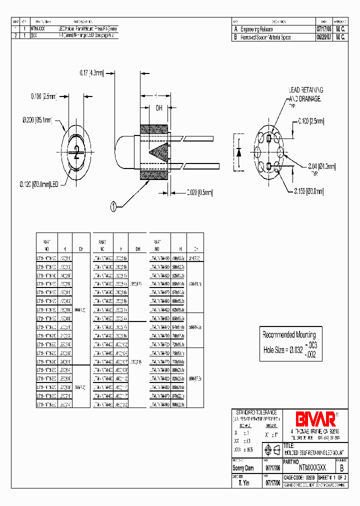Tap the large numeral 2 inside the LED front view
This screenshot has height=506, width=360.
click(x=76, y=152)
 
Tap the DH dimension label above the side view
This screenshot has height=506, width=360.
click(x=159, y=107)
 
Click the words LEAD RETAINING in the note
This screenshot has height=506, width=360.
click(x=306, y=90)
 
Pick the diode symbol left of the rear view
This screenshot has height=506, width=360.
click(x=238, y=152)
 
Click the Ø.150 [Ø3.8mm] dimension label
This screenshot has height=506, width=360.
click(x=308, y=190)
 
